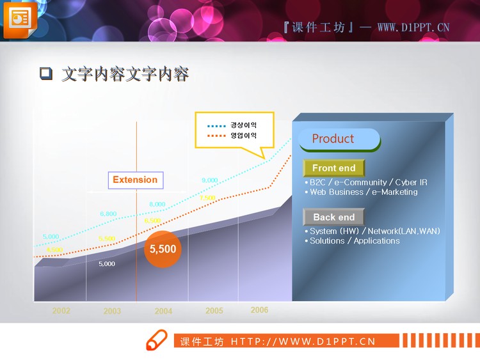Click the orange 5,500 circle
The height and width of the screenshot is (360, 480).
pyautogui.click(x=163, y=249)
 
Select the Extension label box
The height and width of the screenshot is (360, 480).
pyautogui.click(x=135, y=180)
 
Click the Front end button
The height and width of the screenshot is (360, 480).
pyautogui.click(x=333, y=168)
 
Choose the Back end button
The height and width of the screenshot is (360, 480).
pyautogui.click(x=333, y=217)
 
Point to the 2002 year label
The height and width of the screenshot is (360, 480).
pyautogui.click(x=61, y=311)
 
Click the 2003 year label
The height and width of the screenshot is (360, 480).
pyautogui.click(x=112, y=311)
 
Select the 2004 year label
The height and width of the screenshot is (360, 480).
pyautogui.click(x=163, y=311)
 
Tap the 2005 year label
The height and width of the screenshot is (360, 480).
pyautogui.click(x=214, y=311)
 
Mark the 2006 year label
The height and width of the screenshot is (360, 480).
pyautogui.click(x=259, y=310)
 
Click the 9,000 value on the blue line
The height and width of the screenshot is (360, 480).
pyautogui.click(x=210, y=180)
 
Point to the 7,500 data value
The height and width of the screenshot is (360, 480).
pyautogui.click(x=207, y=198)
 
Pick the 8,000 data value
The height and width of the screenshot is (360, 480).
pyautogui.click(x=157, y=205)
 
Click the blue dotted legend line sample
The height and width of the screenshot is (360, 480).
pyautogui.click(x=217, y=126)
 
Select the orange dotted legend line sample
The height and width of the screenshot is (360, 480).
pyautogui.click(x=217, y=136)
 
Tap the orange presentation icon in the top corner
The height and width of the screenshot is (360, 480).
pyautogui.click(x=20, y=19)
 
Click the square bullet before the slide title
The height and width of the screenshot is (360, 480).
pyautogui.click(x=45, y=74)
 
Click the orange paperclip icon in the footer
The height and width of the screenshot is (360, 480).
pyautogui.click(x=156, y=340)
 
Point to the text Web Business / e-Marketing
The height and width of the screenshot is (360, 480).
pyautogui.click(x=364, y=192)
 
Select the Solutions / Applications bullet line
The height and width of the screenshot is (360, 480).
pyautogui.click(x=355, y=241)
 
